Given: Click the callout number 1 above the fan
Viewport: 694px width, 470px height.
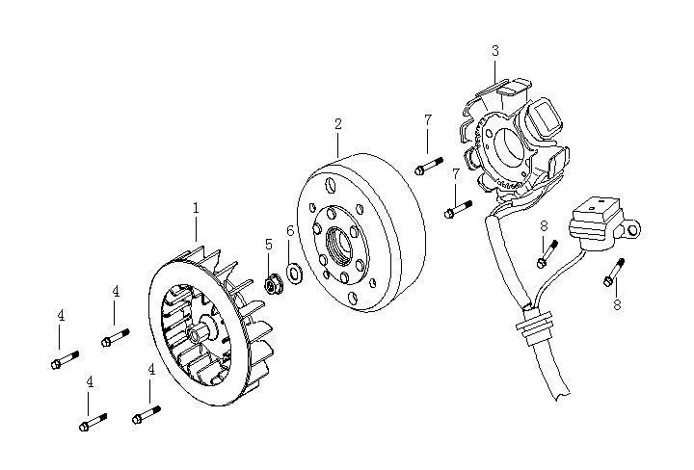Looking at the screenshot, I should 196,207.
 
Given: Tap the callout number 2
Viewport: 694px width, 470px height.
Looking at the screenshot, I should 338,123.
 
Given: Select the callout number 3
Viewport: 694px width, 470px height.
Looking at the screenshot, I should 494,50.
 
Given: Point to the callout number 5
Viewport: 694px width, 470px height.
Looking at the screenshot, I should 269,244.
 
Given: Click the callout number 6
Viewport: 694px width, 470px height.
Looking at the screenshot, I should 289,231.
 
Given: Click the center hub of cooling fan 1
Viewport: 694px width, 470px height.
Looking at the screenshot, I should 203,332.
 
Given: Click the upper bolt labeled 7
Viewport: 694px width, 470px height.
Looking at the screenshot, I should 427,168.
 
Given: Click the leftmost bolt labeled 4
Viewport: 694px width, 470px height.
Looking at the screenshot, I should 62,362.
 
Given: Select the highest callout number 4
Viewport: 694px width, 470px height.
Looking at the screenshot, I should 115,291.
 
